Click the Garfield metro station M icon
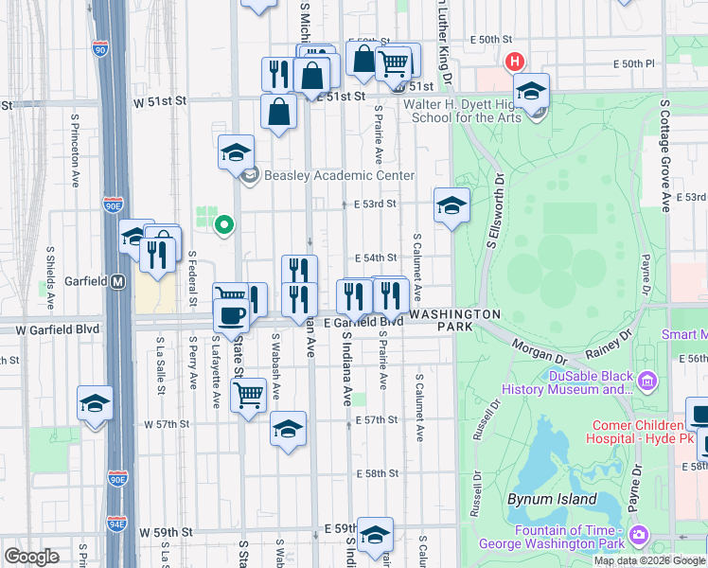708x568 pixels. point(118,281)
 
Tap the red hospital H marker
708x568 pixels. point(515,62)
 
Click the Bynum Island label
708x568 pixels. point(565,499)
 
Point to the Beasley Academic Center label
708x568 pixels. point(339,175)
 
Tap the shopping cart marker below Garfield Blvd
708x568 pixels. point(248,393)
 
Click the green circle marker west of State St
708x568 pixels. point(224,225)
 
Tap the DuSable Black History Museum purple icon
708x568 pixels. point(647,382)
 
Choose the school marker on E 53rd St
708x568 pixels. point(452,205)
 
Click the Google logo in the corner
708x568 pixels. point(31,556)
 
